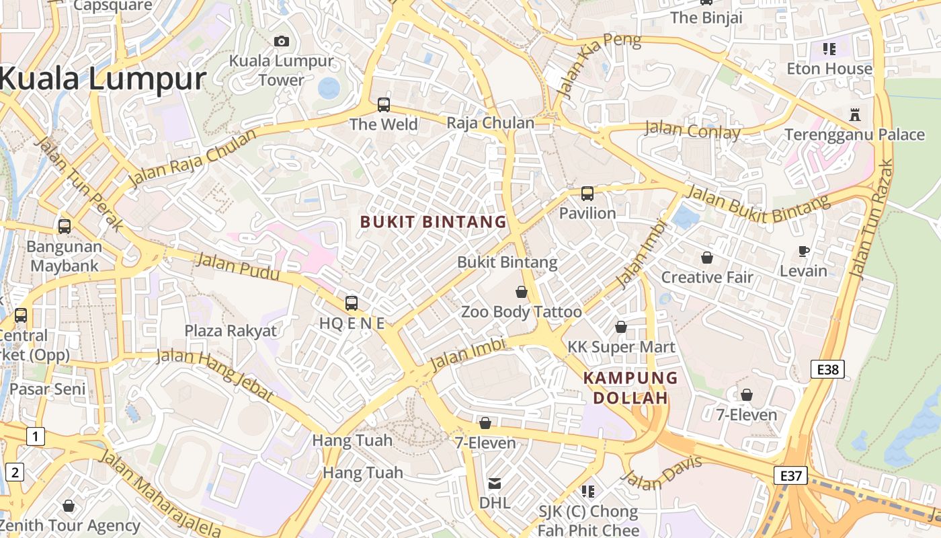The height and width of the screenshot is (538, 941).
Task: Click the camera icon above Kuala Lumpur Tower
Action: click(282, 42)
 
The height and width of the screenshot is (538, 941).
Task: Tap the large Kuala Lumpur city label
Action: click(102, 79)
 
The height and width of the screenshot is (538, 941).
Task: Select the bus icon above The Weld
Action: click(384, 105)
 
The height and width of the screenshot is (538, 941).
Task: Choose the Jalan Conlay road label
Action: click(692, 130)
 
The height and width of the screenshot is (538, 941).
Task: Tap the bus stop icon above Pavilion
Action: click(587, 194)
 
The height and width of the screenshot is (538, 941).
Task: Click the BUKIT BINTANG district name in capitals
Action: click(434, 222)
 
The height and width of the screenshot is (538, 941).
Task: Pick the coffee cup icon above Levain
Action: click(803, 252)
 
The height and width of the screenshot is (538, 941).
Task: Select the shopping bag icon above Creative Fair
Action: click(707, 258)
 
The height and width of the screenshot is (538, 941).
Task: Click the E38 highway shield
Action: click(827, 369)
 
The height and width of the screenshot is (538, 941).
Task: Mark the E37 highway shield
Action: click(790, 475)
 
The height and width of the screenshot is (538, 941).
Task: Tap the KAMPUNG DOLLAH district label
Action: click(630, 388)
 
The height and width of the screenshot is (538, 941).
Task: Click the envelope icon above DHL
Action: click(495, 483)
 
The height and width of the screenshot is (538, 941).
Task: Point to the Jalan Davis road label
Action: click(662, 473)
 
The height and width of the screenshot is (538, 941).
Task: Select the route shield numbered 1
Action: click(36, 437)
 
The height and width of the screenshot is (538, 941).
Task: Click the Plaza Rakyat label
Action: click(231, 331)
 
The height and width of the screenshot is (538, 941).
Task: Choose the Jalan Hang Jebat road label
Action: click(215, 375)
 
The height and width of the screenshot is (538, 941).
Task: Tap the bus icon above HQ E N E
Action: click(352, 303)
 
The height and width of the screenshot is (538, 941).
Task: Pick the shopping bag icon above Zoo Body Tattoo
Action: click(522, 292)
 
